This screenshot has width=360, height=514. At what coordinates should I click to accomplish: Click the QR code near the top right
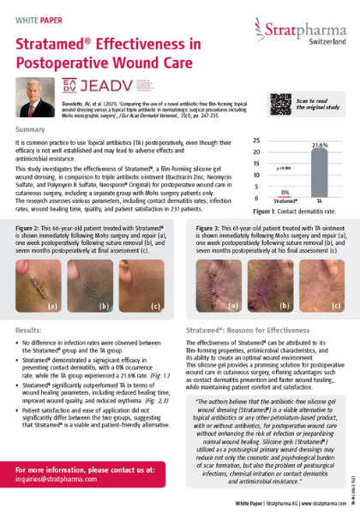tap(282, 103)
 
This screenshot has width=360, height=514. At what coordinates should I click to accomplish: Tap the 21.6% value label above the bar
tap(319, 146)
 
